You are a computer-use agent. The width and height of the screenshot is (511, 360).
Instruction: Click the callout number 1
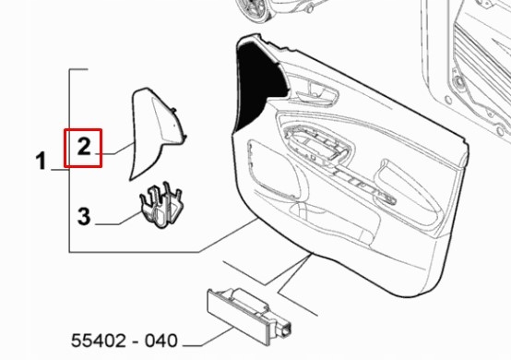click(x=41, y=162)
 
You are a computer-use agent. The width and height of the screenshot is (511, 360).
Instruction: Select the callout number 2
click(x=84, y=147)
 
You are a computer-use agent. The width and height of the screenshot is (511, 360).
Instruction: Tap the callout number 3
click(x=84, y=216)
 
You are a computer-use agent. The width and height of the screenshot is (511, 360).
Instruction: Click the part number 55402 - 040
click(x=125, y=341)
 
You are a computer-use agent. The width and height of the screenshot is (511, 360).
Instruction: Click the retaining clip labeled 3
click(x=160, y=205)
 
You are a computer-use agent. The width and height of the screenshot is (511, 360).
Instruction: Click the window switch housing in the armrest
click(x=316, y=145)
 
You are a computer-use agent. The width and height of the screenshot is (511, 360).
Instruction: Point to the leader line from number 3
click(x=119, y=219)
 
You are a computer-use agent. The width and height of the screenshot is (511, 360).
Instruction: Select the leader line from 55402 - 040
click(x=208, y=337)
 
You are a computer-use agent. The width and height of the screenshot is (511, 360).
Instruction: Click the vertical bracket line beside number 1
click(x=69, y=161)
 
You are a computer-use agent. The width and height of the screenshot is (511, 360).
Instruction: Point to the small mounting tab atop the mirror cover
click(x=173, y=110)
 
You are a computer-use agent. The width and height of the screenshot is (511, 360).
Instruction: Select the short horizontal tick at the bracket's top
click(x=78, y=69)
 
